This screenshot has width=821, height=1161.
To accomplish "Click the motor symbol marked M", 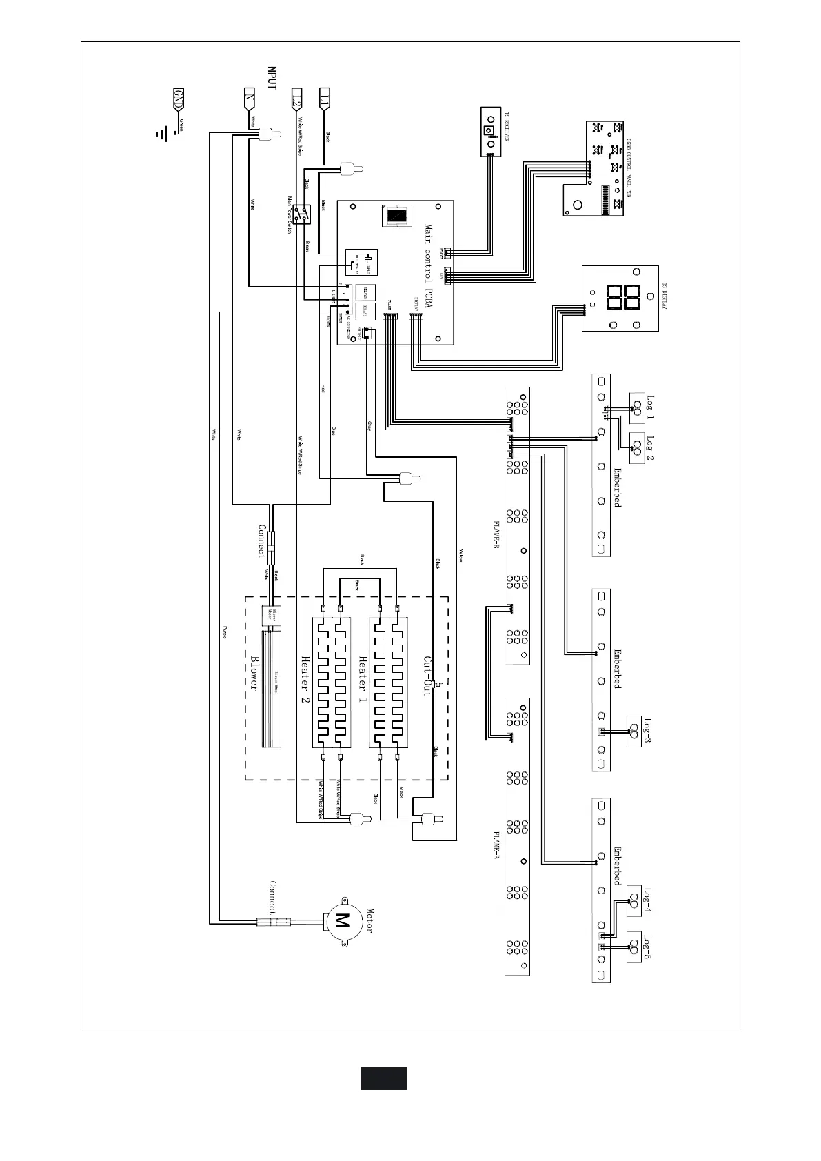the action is (343, 920).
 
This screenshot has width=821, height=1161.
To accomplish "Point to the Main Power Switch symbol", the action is (301, 214).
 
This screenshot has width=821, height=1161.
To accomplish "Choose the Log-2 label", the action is (649, 449).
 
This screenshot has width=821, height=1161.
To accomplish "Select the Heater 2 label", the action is (305, 679).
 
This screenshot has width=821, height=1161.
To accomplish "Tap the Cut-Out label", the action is (427, 676).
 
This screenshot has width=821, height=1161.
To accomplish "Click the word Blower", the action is (254, 673).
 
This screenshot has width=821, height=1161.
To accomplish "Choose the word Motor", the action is (369, 920).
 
